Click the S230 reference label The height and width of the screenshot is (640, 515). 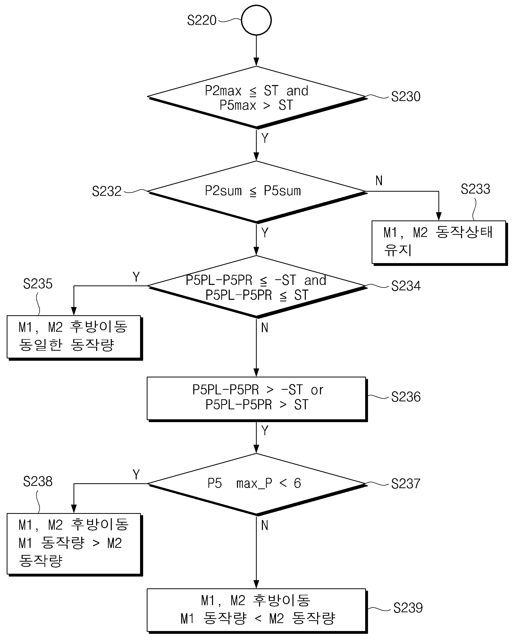point(406,96)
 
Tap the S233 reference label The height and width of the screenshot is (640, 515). point(475,189)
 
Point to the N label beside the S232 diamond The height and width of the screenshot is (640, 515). point(379,180)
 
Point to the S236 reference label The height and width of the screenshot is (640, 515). point(406,397)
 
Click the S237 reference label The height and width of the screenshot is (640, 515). point(406,484)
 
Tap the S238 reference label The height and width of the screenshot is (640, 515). point(38,481)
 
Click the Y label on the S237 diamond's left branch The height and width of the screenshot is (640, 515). point(136,474)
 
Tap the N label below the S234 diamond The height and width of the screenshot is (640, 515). point(265,328)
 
